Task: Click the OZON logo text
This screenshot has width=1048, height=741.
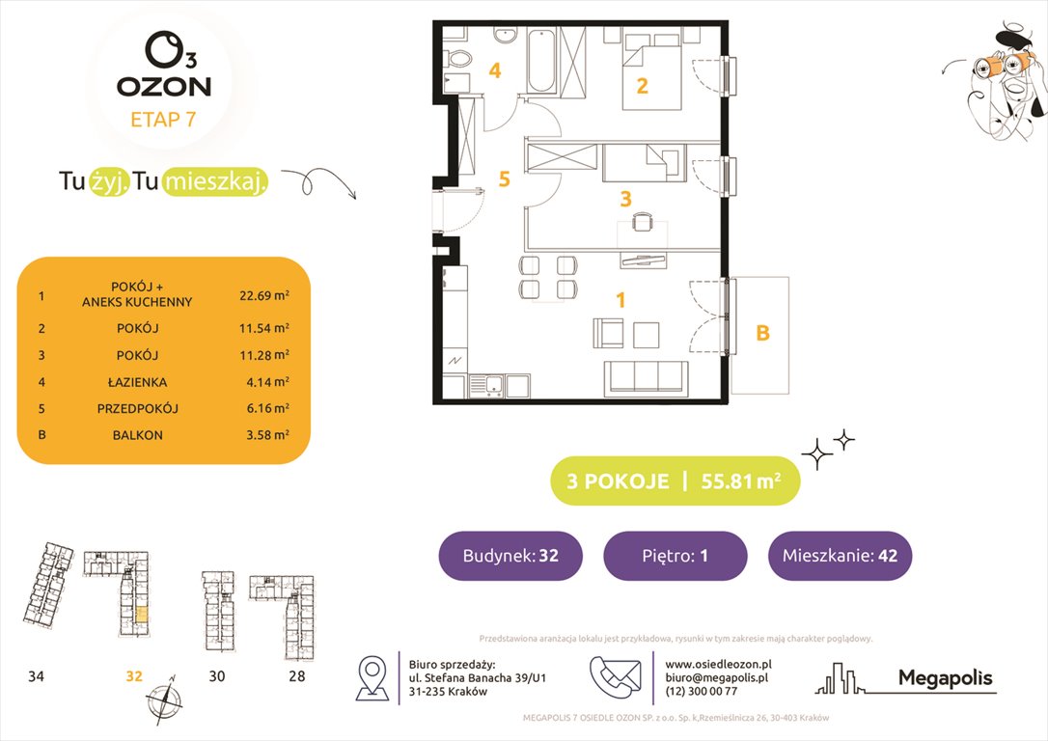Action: [x=163, y=86]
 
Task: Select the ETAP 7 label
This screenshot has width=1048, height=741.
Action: [x=163, y=121]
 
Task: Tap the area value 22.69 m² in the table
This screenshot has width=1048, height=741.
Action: [x=263, y=295]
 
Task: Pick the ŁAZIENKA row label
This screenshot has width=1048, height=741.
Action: [x=136, y=381]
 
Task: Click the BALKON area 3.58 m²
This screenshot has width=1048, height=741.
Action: [x=266, y=435]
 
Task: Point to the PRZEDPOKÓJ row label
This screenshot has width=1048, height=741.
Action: [x=136, y=408]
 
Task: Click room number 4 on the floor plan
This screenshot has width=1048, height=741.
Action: [x=494, y=70]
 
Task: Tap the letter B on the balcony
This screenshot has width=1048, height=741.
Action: [x=761, y=334]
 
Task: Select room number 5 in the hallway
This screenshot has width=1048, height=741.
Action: [x=503, y=178]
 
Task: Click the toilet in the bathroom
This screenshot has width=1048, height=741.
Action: [x=459, y=61]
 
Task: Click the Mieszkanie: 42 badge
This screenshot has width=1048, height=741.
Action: [x=839, y=556]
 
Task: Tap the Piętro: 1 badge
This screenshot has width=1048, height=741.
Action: [x=675, y=556]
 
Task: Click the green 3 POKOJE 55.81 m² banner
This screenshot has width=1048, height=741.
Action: [x=675, y=480]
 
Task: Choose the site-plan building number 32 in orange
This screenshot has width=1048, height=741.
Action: [x=133, y=676]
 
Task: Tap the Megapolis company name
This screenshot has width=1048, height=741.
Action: [x=945, y=678]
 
